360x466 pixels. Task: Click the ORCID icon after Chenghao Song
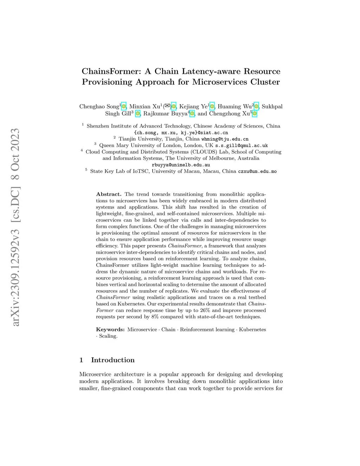click(x=123, y=107)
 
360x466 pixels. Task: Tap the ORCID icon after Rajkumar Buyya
click(x=192, y=114)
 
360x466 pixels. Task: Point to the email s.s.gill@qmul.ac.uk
click(x=242, y=145)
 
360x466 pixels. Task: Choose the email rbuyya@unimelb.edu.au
click(x=181, y=165)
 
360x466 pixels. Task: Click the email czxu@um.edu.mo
click(x=257, y=171)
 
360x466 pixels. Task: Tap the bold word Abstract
click(x=109, y=194)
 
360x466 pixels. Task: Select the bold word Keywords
click(x=110, y=330)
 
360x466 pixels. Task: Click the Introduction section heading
click(x=112, y=360)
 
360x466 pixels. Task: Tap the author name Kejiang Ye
click(x=193, y=107)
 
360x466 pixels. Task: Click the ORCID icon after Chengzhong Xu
click(x=255, y=114)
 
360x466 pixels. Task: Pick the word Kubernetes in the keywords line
click(x=252, y=330)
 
